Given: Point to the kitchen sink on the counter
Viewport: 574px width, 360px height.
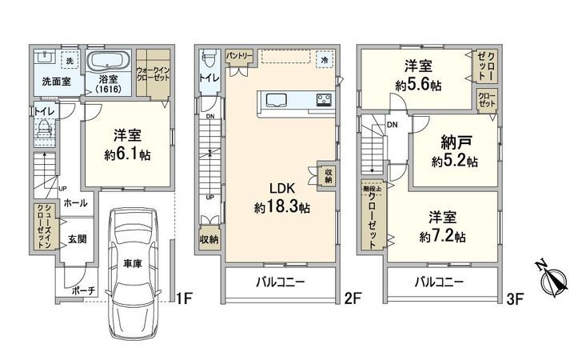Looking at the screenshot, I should coord(278,101).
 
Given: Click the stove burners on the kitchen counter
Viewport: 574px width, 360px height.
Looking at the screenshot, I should coord(324,101).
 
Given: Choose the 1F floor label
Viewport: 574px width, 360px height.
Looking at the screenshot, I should coord(184,300).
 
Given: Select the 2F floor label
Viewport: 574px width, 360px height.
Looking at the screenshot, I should coord(353,300).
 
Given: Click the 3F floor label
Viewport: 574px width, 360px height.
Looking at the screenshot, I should coord(514,300).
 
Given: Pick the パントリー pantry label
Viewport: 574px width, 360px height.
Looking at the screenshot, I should coord(239,56).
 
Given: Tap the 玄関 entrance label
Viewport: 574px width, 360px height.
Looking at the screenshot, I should coord(77,239).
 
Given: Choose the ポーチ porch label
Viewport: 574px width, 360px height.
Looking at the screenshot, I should coord(82,290).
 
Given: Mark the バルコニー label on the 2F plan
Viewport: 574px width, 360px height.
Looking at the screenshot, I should coord(279,282).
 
